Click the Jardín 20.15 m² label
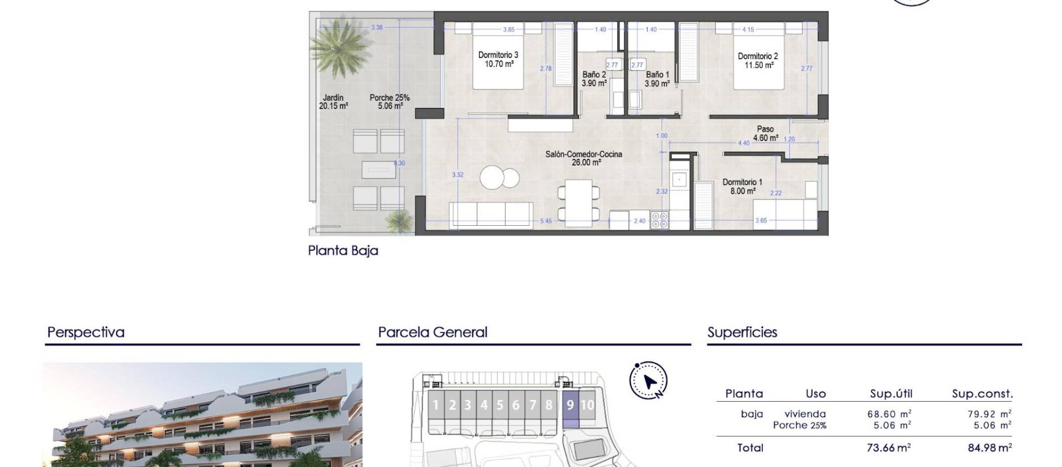tap(333, 102)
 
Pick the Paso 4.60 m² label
tap(765, 133)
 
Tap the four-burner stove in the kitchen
tap(659, 221)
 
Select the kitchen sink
tap(678, 180)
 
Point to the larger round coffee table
tap(492, 178)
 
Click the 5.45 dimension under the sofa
tap(546, 221)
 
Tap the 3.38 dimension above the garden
tap(377, 28)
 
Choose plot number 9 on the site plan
tap(570, 405)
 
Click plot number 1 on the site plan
tap(436, 405)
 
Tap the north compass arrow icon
tap(649, 381)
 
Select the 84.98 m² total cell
tap(989, 448)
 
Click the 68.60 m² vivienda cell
tap(889, 414)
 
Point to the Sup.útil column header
tap(891, 394)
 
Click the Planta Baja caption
tap(343, 251)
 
